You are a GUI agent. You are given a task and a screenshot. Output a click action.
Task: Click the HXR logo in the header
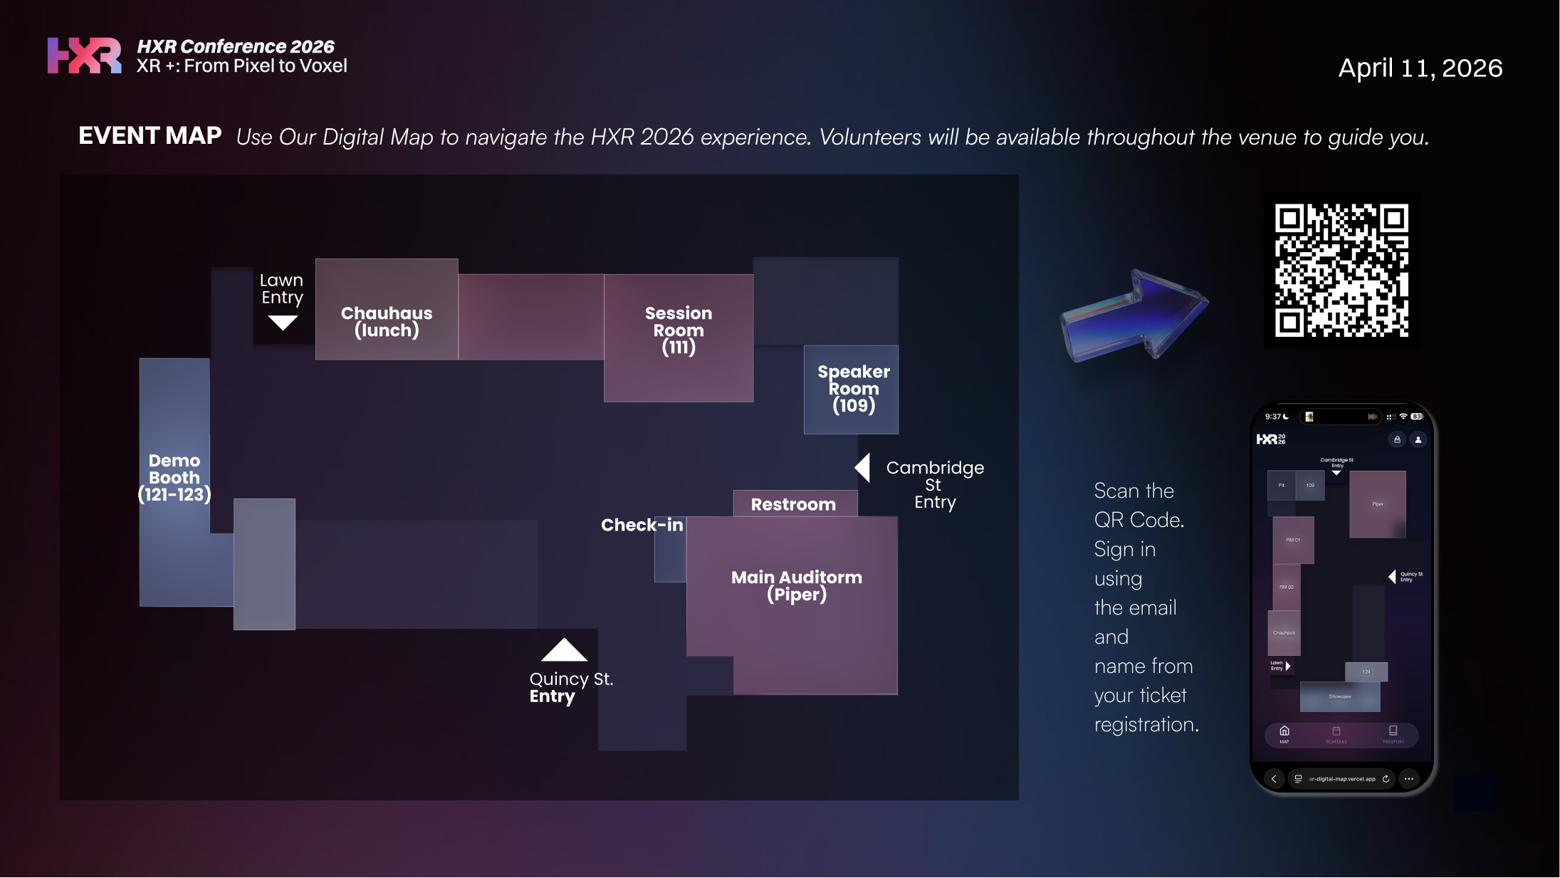pyautogui.click(x=84, y=56)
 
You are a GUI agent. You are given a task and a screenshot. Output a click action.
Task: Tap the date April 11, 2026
pyautogui.click(x=1420, y=68)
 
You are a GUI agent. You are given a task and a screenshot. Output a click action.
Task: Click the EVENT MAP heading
pyautogui.click(x=150, y=135)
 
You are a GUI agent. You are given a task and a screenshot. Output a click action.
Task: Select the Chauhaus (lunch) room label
pyautogui.click(x=387, y=322)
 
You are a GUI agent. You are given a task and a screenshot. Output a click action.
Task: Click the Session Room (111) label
pyautogui.click(x=679, y=330)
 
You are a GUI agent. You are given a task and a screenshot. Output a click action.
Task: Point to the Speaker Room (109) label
pyautogui.click(x=853, y=389)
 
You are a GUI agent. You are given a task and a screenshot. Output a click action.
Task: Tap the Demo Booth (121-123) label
pyautogui.click(x=174, y=478)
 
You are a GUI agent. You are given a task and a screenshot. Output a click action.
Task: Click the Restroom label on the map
pyautogui.click(x=793, y=504)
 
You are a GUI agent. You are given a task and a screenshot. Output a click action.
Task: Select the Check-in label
pyautogui.click(x=642, y=525)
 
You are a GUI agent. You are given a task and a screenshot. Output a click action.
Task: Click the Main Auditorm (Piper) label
pyautogui.click(x=796, y=585)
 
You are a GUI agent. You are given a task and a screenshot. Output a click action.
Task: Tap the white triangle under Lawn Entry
pyautogui.click(x=283, y=323)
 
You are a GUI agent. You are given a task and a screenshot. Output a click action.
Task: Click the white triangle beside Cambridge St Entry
pyautogui.click(x=863, y=468)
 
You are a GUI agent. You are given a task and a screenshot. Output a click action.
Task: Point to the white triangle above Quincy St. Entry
pyautogui.click(x=564, y=649)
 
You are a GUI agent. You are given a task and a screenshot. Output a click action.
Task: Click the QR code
pyautogui.click(x=1341, y=271)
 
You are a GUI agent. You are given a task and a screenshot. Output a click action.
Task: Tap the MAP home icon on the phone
pyautogui.click(x=1284, y=732)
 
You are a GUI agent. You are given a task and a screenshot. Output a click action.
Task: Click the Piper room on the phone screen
pyautogui.click(x=1377, y=504)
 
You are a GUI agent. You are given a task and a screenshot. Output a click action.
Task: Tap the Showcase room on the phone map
pyautogui.click(x=1339, y=696)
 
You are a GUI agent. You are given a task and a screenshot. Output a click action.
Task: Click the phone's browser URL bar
pyautogui.click(x=1341, y=779)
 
